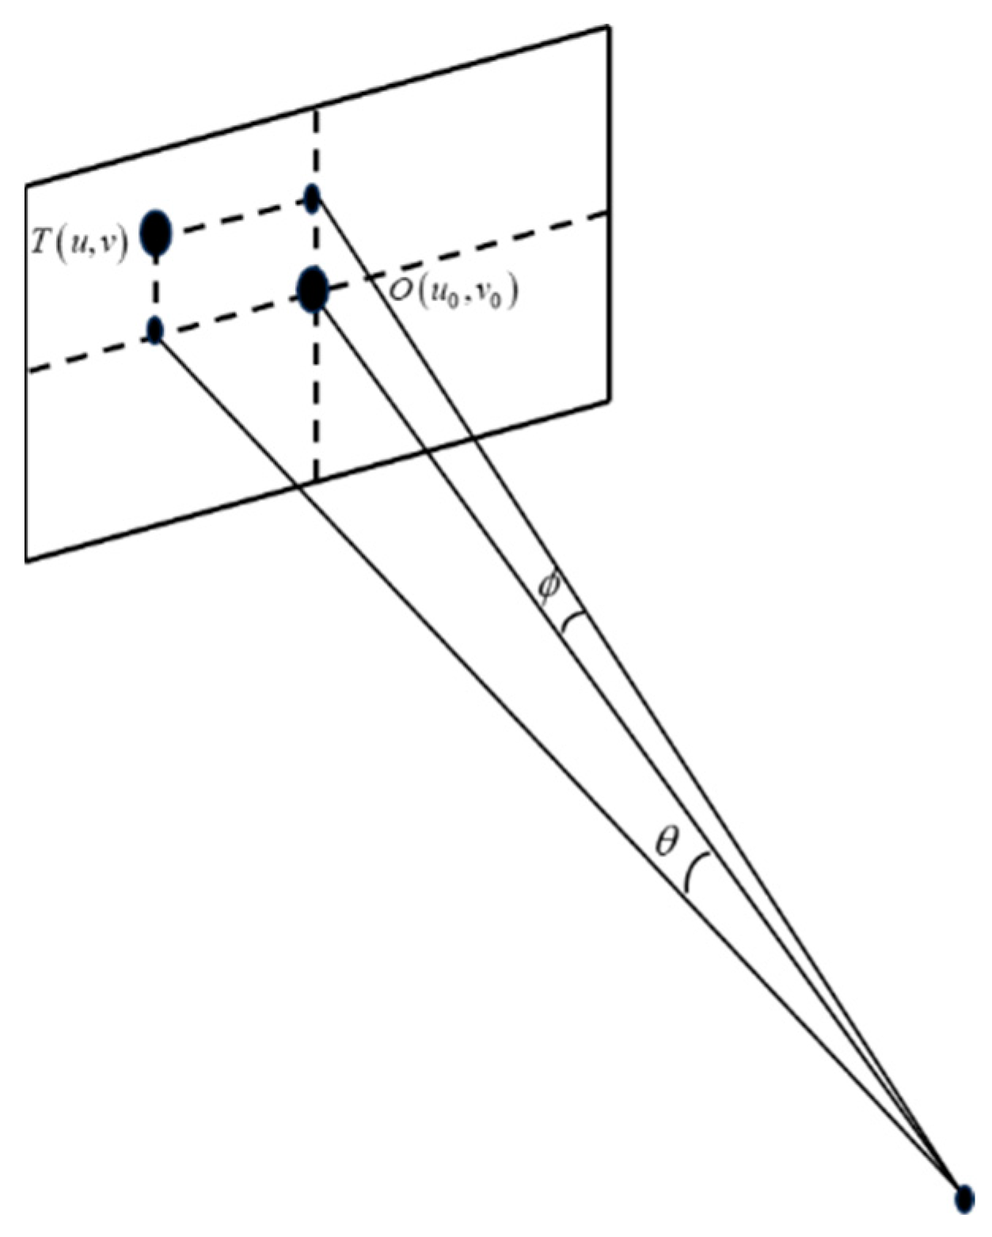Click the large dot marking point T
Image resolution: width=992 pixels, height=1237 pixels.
pos(156,233)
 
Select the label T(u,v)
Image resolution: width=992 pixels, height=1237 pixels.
pos(79,233)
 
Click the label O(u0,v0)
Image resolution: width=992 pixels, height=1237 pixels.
pos(452,294)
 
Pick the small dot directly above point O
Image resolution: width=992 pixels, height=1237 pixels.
pos(313,198)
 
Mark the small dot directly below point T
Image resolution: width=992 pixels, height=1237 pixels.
pos(155,329)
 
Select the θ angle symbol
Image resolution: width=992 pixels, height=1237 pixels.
pos(667,844)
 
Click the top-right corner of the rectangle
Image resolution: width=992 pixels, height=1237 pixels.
pos(609,27)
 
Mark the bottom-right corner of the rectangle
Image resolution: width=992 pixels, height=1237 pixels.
pos(609,401)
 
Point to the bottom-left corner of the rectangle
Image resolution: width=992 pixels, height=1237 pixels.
pos(27,560)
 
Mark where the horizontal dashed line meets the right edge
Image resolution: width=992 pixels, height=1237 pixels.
pos(609,211)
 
